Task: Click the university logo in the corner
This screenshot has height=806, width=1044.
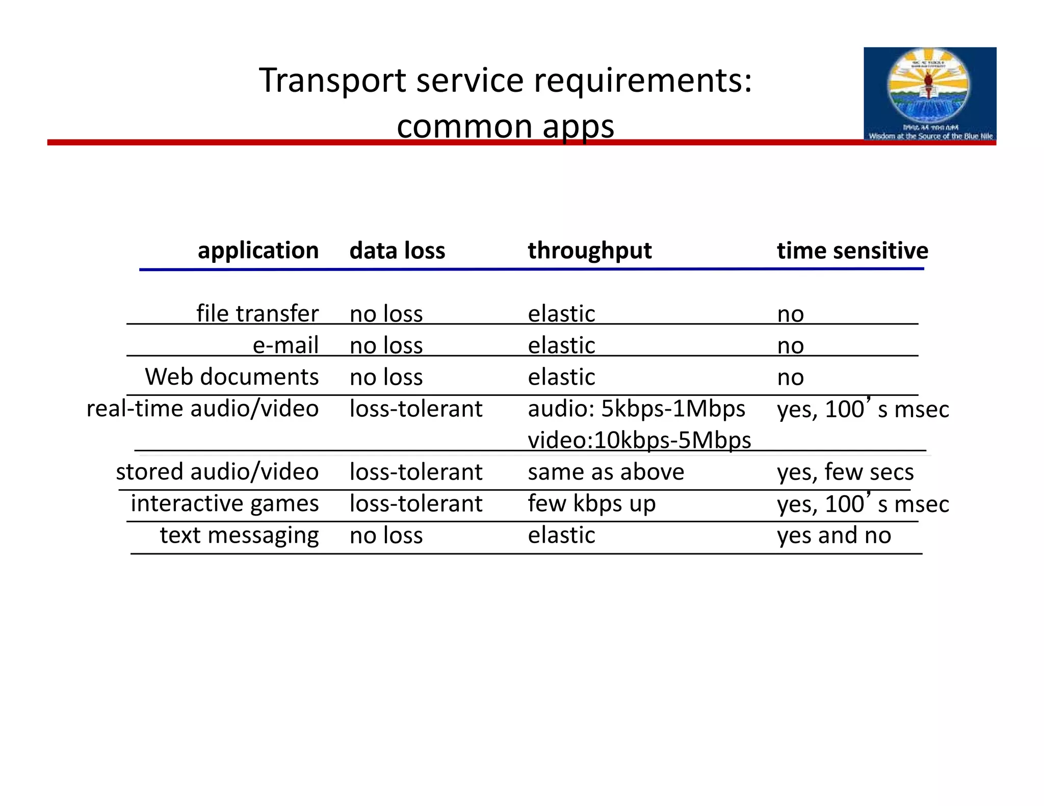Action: click(x=929, y=94)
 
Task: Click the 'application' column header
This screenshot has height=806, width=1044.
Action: click(x=258, y=251)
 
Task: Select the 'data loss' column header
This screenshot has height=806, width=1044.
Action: click(x=397, y=251)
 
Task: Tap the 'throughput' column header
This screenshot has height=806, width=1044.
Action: click(x=589, y=251)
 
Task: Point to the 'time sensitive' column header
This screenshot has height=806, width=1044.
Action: click(x=852, y=251)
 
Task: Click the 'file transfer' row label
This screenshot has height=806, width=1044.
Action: click(x=257, y=313)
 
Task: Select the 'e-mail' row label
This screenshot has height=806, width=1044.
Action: click(x=285, y=345)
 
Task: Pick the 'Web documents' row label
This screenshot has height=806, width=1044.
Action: click(x=232, y=377)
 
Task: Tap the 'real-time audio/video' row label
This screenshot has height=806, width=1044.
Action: click(x=202, y=409)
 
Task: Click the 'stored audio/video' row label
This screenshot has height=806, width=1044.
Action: click(x=217, y=472)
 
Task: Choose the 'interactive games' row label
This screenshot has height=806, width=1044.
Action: click(x=224, y=503)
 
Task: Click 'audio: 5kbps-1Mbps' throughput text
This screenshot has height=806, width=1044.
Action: click(x=636, y=409)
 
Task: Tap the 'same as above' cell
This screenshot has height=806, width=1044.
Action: click(x=606, y=472)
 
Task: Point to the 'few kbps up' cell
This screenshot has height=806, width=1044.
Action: click(x=591, y=503)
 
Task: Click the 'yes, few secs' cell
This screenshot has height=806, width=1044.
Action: click(x=845, y=472)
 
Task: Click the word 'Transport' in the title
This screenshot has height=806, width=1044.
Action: click(x=332, y=80)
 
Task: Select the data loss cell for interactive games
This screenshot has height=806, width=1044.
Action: click(x=415, y=503)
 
